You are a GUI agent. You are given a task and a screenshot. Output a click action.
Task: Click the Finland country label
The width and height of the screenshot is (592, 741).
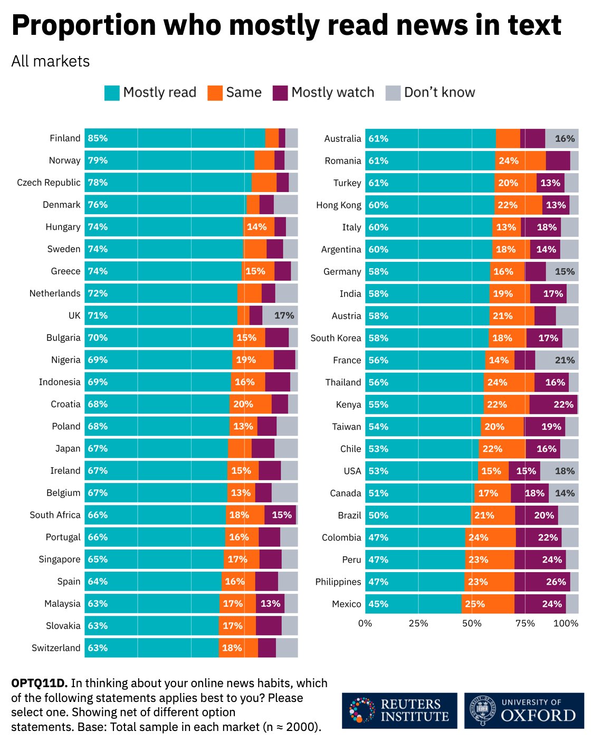(x=65, y=138)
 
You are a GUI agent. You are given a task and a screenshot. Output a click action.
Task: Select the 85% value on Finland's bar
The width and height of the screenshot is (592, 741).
(x=98, y=138)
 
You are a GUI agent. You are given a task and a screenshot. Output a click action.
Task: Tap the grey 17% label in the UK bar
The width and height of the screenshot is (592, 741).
(x=284, y=316)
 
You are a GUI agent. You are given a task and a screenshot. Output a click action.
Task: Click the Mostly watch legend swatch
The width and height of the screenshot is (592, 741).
(x=280, y=93)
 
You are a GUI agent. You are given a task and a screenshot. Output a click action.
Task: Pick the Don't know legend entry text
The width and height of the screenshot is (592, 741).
(x=439, y=92)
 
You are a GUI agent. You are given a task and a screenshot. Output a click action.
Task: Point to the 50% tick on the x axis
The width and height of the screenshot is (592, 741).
(x=472, y=623)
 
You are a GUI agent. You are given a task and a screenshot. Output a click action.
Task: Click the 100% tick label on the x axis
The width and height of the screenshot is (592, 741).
(x=566, y=623)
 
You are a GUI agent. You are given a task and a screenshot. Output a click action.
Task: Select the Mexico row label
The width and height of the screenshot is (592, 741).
(x=346, y=604)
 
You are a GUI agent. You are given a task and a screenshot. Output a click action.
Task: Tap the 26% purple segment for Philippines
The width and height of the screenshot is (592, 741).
(x=556, y=582)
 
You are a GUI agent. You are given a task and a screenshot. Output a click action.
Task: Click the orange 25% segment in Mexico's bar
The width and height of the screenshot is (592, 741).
(x=475, y=604)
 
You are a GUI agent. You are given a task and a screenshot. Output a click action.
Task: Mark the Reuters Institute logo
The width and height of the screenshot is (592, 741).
(x=399, y=710)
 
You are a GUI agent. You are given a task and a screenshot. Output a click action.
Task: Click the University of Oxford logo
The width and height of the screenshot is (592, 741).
(x=524, y=710)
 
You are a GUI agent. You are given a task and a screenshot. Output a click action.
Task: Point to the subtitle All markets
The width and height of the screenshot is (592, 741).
(x=51, y=61)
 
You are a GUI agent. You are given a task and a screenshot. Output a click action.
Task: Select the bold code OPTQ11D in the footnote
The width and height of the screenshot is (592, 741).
(x=40, y=683)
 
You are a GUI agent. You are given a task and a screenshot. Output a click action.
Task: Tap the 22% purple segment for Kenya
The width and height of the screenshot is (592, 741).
(x=563, y=404)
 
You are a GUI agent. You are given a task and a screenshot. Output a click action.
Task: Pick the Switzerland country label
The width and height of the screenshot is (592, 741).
(x=56, y=648)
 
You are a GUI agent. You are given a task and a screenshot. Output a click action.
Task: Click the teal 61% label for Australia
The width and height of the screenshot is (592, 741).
(x=378, y=138)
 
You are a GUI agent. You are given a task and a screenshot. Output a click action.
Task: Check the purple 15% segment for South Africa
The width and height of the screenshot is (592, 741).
(x=281, y=515)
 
